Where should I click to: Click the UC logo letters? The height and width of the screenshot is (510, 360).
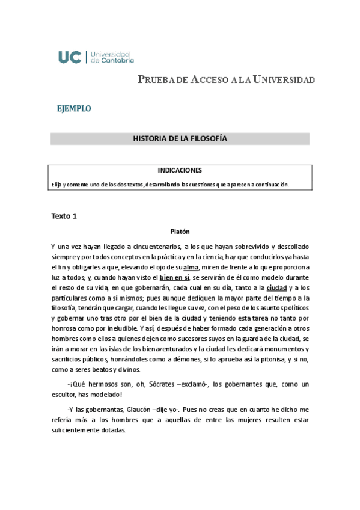tap(71, 57)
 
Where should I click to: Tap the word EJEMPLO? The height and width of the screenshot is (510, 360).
tap(74, 109)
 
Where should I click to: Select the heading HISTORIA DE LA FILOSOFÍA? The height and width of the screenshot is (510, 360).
tap(180, 139)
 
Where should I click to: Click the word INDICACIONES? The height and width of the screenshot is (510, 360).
tap(180, 170)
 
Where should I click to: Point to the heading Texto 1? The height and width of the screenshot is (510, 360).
tap(64, 216)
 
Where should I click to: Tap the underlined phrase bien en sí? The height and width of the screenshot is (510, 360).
tap(174, 278)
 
